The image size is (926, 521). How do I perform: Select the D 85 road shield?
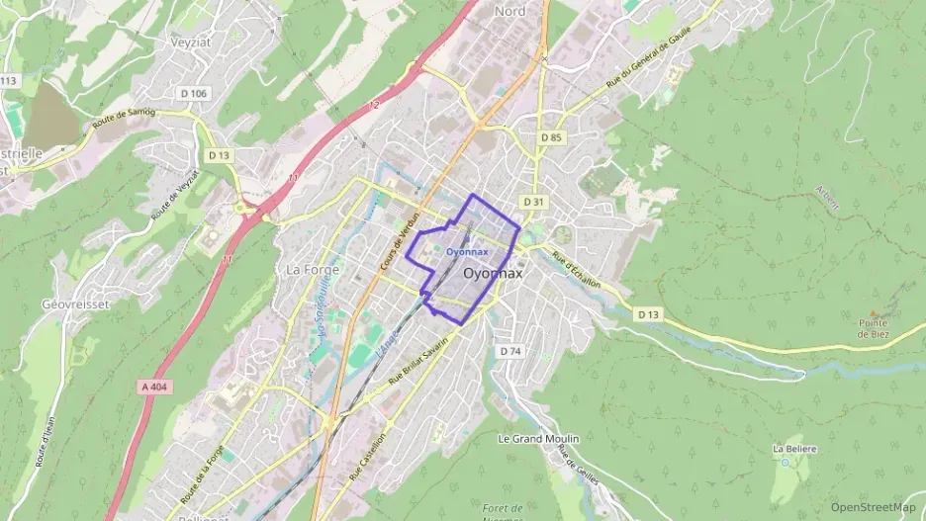point(552,136)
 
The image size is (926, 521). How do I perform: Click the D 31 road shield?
point(533,202)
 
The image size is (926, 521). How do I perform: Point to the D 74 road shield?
point(509,351)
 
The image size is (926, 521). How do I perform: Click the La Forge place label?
point(312,269)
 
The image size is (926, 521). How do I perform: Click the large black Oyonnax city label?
point(493,273)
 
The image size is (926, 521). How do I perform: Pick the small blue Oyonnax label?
point(467,252)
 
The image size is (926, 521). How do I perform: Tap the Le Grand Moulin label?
point(538,438)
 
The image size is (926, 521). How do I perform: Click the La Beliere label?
point(793,448)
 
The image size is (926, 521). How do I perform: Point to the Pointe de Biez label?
point(874,328)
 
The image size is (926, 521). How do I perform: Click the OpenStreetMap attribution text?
point(874,507)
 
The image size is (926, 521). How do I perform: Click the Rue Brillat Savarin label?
point(418,361)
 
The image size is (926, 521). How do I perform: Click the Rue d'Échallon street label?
point(577,269)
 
